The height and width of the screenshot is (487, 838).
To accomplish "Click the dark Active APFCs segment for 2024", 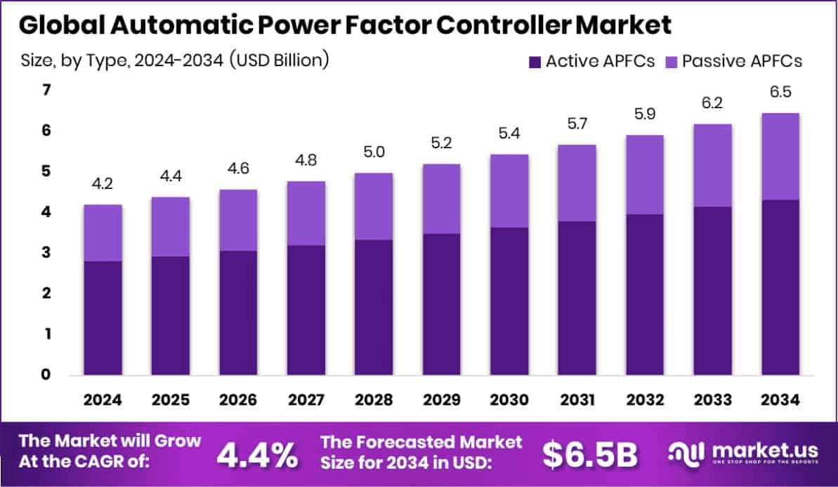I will click(x=103, y=318).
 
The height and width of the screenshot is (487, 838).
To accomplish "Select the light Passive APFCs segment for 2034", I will click(x=780, y=157).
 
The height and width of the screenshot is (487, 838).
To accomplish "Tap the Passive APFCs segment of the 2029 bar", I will click(x=442, y=199).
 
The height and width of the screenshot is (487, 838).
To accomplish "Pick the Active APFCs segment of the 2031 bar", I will click(x=577, y=298).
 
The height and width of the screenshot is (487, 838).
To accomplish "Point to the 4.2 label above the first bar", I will click(x=103, y=185).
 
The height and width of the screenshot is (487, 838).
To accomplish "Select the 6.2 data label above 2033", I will click(x=713, y=104).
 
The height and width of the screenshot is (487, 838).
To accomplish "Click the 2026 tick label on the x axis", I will click(x=239, y=400).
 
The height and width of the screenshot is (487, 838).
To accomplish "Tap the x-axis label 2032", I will click(x=645, y=400).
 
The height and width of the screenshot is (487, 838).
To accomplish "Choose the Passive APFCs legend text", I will click(x=742, y=61).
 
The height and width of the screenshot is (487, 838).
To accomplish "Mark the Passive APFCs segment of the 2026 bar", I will click(x=239, y=220).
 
